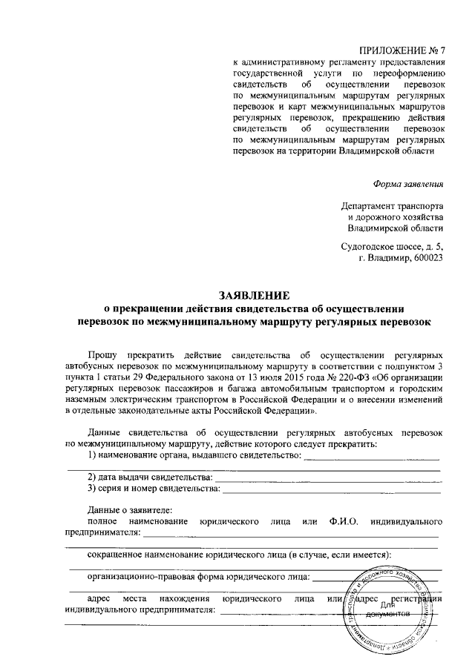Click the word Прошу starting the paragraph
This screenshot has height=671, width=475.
102,355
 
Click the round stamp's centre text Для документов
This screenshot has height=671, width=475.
390,609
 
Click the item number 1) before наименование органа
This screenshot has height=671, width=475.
92,455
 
